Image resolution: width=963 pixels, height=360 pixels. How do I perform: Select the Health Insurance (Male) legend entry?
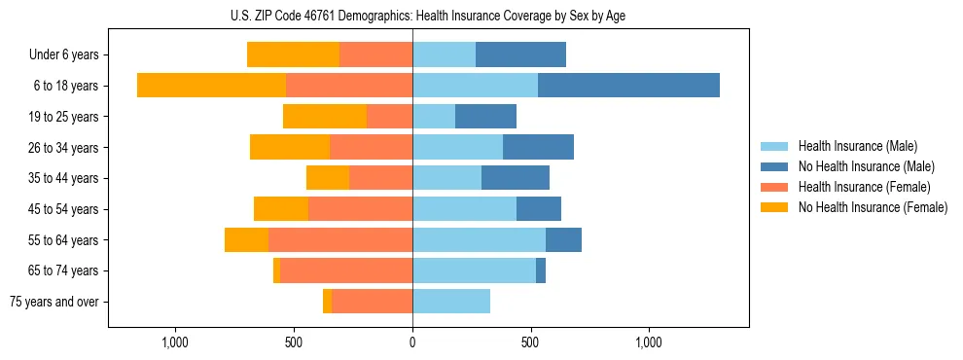857,146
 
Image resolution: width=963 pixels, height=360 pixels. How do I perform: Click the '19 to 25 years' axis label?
64,117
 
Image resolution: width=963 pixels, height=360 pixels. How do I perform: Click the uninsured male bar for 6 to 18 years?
628,86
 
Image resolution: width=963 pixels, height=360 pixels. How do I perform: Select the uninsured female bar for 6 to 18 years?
211,86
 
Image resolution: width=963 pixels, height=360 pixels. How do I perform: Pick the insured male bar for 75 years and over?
451,302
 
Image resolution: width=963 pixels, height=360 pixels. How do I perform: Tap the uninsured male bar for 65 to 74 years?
541,270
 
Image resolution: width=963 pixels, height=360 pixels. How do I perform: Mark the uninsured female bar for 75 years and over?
328,302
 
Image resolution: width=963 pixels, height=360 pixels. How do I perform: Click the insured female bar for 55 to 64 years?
340,239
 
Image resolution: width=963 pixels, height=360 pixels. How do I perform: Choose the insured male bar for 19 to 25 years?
434,117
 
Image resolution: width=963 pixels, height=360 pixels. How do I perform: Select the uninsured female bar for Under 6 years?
293,54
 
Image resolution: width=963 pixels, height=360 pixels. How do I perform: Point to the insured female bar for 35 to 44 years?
380,178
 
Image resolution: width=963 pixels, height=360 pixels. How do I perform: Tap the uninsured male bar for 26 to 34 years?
538,147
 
